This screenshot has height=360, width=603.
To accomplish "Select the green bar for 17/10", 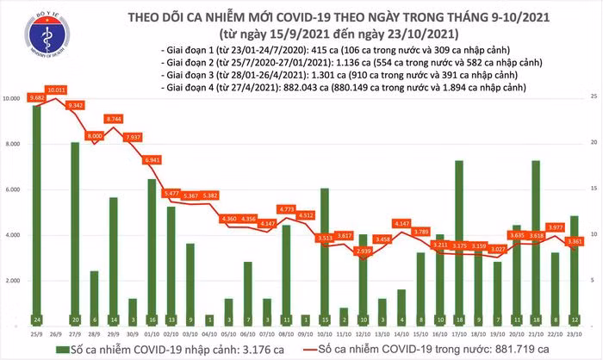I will (x=458, y=245).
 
